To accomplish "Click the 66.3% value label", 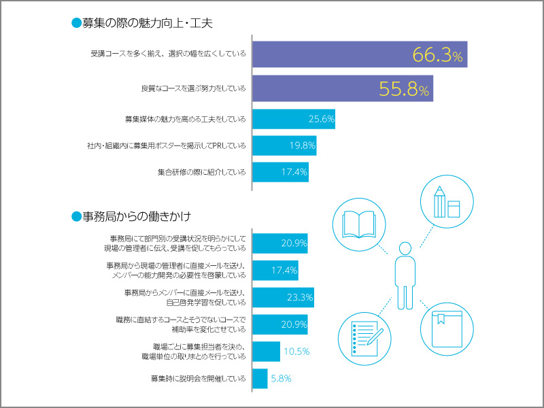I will click(x=437, y=56).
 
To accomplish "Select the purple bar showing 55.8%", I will click(x=342, y=89).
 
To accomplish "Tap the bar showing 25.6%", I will click(x=293, y=119).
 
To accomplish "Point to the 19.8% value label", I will click(x=299, y=146).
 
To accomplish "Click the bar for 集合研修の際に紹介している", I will click(x=280, y=172).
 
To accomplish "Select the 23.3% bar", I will click(x=282, y=297).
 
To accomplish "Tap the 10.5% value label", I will click(x=296, y=352).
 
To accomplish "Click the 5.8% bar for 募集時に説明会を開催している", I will click(x=260, y=378).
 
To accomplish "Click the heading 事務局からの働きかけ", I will click(x=136, y=217).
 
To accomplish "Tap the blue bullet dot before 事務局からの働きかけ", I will click(x=76, y=217).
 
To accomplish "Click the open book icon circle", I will click(x=360, y=224).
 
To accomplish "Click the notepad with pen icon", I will click(x=366, y=334).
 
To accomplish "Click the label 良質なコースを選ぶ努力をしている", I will click(x=193, y=89).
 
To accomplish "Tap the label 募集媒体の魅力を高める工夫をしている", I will click(x=185, y=119).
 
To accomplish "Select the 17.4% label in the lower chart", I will click(x=284, y=271).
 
